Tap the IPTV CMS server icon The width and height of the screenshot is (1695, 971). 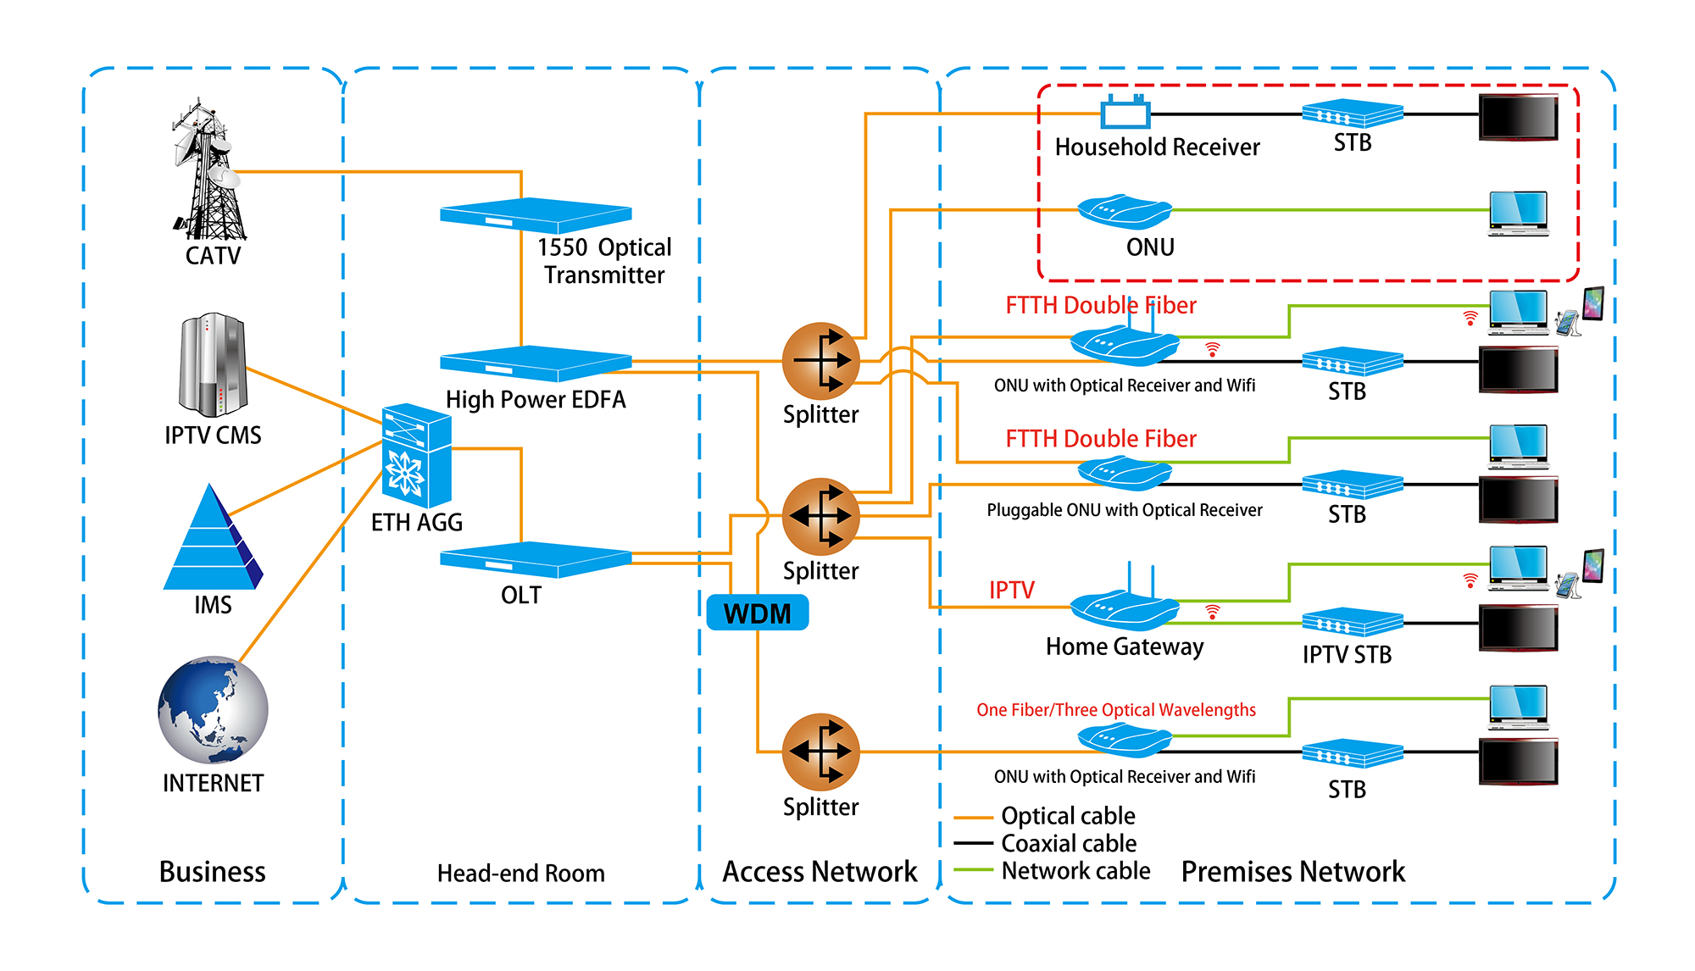point(212,364)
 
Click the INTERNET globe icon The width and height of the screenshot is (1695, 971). point(213,710)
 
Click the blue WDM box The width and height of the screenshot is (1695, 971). point(757,613)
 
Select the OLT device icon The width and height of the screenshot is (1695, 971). point(535,559)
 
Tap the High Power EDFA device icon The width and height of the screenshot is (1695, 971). point(535,363)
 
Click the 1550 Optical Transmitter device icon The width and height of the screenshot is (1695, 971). point(535,215)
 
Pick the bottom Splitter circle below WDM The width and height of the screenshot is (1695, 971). point(820,752)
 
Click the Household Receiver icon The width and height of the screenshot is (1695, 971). point(1125,112)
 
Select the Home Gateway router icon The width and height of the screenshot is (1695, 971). point(1124,607)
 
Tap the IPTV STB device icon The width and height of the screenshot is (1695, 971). point(1352,623)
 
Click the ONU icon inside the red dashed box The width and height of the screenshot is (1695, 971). point(1125,211)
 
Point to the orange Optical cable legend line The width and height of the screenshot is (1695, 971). point(973,818)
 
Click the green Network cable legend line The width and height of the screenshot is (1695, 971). point(973,870)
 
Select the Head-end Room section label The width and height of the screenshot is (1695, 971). point(520,874)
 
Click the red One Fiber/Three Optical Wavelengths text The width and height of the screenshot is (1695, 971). point(1115,710)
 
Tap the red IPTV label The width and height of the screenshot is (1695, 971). point(1011,590)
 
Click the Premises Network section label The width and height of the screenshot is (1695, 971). point(1292,872)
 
